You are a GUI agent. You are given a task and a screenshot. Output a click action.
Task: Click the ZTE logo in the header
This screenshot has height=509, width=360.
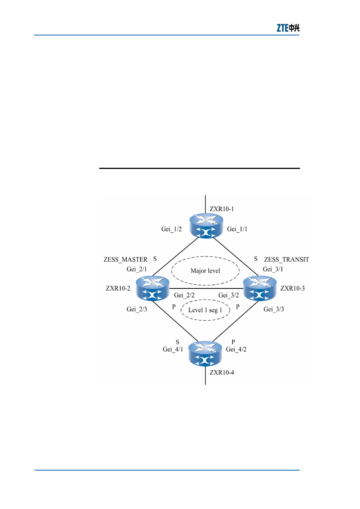click(288, 28)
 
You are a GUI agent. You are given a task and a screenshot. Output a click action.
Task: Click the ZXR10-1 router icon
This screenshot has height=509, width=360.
click(206, 225)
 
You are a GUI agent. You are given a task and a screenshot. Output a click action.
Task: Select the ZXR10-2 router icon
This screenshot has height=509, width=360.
click(152, 288)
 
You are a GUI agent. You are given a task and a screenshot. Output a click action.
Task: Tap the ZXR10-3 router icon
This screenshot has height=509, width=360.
click(260, 288)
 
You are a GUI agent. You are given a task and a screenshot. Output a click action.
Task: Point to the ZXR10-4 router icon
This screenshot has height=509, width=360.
click(205, 354)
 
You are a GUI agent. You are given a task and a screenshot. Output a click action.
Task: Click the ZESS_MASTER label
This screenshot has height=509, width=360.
click(126, 259)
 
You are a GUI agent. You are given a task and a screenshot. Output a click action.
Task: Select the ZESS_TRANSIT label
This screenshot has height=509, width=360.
click(286, 259)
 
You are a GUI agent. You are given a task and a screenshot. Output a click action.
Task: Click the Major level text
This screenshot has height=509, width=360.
click(205, 271)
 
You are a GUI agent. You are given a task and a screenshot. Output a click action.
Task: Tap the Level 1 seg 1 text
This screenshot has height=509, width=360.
click(205, 310)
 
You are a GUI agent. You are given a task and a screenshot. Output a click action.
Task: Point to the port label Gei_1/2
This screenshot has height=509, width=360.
click(171, 229)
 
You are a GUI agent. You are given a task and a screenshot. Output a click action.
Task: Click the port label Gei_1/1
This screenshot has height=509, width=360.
click(237, 229)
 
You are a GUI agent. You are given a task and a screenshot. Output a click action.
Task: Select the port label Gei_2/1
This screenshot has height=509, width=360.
click(137, 269)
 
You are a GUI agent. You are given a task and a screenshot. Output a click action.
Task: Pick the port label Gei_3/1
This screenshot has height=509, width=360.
click(273, 269)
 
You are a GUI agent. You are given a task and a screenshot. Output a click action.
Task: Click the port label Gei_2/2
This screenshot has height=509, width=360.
click(184, 295)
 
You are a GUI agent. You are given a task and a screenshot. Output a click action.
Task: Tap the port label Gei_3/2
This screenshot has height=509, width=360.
click(229, 295)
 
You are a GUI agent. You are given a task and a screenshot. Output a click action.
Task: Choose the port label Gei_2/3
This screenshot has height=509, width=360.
click(137, 309)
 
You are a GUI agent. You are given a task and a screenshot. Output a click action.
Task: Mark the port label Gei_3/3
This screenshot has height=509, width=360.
click(274, 309)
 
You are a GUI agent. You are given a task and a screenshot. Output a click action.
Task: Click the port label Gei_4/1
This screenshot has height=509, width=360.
click(173, 349)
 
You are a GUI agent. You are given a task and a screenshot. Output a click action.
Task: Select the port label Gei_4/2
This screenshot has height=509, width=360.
click(236, 349)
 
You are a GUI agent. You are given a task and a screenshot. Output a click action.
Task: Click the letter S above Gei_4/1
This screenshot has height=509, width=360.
click(177, 342)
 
